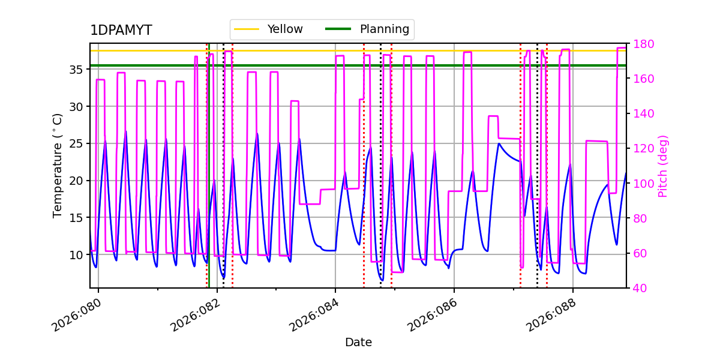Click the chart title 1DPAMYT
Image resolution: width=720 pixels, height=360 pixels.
point(121,31)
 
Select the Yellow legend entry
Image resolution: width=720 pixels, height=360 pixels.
point(284,29)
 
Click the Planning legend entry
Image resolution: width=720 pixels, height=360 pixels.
point(384,29)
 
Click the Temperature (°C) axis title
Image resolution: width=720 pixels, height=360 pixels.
point(58,165)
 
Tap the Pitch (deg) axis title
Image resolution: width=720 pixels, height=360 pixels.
point(663,166)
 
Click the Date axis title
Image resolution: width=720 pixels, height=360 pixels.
point(358,343)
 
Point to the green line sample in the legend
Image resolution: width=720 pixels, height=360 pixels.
point(338,29)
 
